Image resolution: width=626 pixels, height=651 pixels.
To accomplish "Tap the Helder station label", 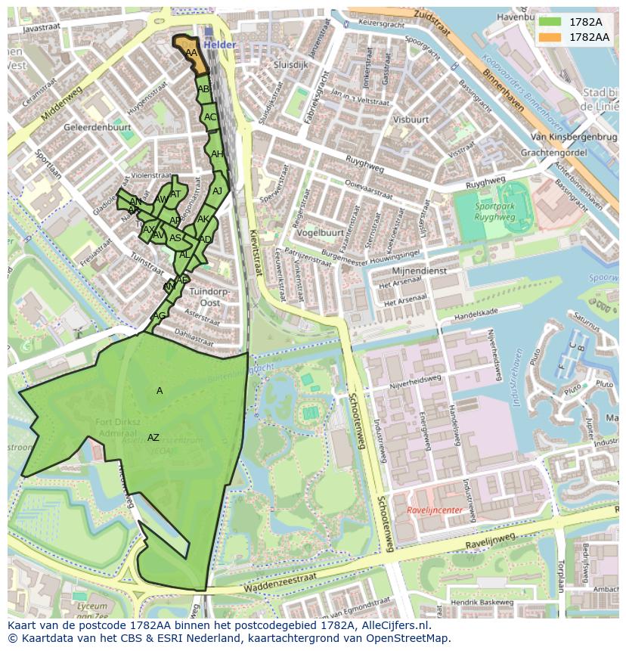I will coord(220,45).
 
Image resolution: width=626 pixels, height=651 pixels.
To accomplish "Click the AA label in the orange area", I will coord(191,53).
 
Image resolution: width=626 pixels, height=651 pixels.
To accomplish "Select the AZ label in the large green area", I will coord(153,438).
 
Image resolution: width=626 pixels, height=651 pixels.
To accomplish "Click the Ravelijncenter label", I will coord(434,510).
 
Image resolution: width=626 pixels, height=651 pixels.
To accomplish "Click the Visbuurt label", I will coord(411,119).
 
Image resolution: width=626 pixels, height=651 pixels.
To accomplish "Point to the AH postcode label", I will coord(217,154).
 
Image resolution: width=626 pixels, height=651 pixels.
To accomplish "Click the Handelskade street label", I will coord(472,311).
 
